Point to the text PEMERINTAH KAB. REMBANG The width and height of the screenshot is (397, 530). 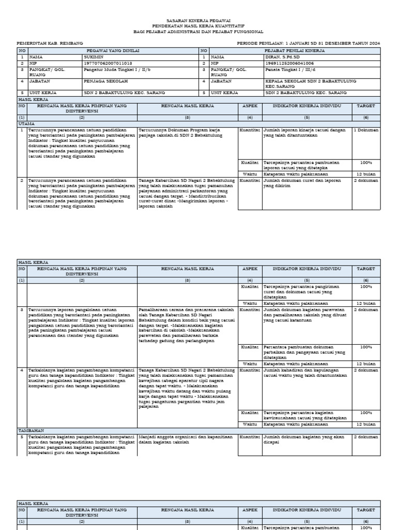50,43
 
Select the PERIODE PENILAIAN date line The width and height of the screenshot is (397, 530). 309,43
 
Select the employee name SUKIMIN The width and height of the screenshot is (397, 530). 94,57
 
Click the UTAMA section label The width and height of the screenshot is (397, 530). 26,124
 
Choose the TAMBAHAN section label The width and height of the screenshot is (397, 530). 30,430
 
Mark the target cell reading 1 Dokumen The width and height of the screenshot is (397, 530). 366,130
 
